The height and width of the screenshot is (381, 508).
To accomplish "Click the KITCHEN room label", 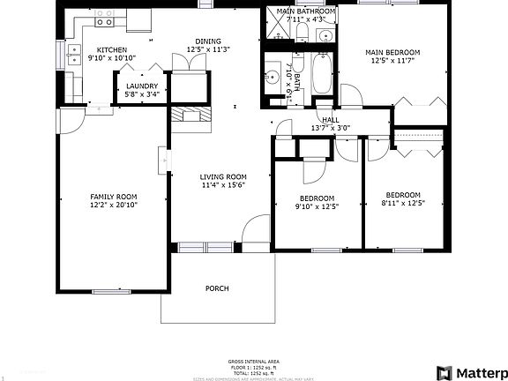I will tap(111, 50).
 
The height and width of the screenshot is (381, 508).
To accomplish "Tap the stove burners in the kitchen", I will tap(105, 14).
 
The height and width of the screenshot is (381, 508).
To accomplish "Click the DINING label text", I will tap(208, 41).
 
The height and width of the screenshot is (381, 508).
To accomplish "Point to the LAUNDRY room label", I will tap(141, 86).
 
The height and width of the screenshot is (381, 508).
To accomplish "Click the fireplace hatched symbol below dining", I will tap(192, 116).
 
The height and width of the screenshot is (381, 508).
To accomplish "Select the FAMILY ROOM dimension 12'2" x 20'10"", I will tap(114, 205).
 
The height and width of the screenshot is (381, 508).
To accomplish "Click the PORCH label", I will tap(217, 288).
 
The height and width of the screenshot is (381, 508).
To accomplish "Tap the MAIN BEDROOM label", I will tap(392, 53).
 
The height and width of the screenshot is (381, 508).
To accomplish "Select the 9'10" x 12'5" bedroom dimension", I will tap(317, 206).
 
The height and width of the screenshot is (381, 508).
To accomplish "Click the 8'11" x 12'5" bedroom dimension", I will tap(403, 204).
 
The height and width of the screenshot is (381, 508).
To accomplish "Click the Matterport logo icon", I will tap(444, 371).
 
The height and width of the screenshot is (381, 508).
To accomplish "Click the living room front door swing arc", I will tap(253, 229).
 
